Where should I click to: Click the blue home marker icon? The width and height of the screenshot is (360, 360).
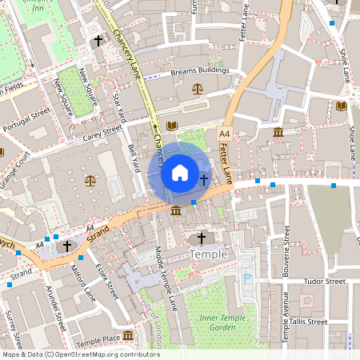click(180, 172)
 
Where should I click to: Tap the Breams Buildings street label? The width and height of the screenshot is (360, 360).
click(200, 72)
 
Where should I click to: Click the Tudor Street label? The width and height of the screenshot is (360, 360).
click(324, 282)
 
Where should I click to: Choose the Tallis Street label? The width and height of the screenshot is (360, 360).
click(307, 322)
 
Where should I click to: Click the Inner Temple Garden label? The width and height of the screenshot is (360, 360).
click(218, 323)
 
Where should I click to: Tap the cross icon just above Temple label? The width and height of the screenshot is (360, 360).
click(201, 238)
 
